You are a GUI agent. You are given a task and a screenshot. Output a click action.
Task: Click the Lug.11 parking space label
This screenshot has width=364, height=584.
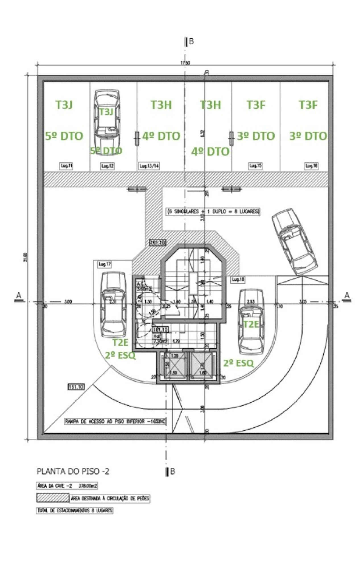(66, 166)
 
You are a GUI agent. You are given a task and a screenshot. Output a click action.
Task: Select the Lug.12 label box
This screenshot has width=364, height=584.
(107, 166)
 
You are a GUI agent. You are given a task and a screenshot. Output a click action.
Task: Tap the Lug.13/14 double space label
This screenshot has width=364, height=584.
(149, 166)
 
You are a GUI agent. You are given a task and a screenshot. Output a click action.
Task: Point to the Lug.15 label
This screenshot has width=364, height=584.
(255, 166)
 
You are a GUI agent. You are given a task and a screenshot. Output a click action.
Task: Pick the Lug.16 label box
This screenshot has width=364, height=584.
(311, 166)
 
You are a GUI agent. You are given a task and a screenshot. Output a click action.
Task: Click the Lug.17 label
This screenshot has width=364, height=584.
(104, 264)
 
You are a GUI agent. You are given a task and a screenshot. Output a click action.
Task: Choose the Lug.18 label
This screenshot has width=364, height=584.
(238, 279)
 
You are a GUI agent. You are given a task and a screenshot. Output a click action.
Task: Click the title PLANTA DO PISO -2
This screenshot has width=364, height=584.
(73, 471)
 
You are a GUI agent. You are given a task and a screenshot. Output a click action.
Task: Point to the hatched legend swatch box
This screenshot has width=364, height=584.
(53, 498)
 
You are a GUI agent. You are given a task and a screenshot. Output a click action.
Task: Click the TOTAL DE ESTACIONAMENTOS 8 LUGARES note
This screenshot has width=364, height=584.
(75, 510)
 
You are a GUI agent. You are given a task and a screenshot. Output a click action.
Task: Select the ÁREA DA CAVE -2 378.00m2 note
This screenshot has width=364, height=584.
(67, 486)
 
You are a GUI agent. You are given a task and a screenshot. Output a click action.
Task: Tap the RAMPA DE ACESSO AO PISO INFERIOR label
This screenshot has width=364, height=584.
(115, 421)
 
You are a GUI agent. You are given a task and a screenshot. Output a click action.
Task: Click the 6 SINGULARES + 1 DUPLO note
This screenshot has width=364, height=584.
(213, 212)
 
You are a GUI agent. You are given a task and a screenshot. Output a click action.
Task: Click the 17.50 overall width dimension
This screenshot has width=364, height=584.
(185, 63)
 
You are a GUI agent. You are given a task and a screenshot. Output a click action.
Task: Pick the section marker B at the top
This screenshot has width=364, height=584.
(189, 42)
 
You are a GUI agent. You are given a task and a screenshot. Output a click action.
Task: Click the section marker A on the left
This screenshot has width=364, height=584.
(19, 296)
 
